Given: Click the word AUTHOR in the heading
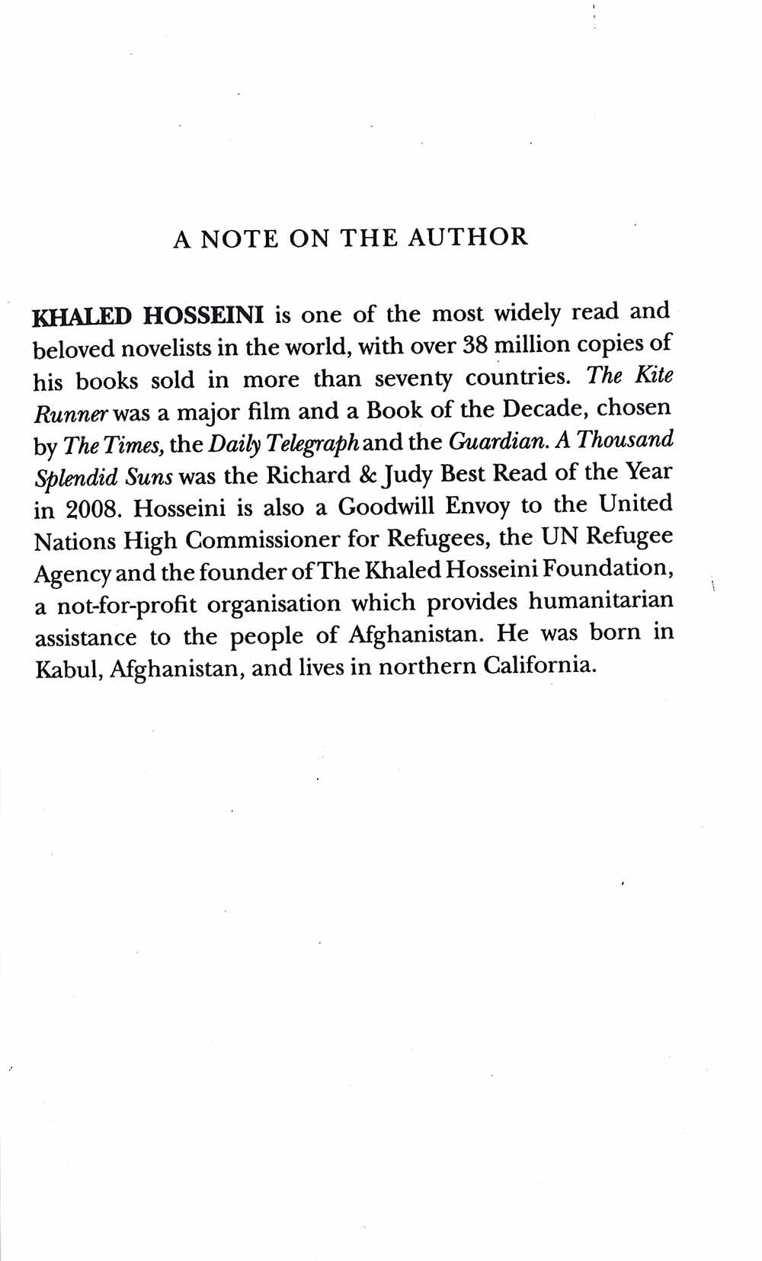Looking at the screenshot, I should (x=467, y=237).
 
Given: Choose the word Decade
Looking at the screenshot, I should (x=545, y=409).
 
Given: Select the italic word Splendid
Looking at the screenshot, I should (x=76, y=478).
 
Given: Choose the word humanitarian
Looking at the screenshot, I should (x=601, y=602).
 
